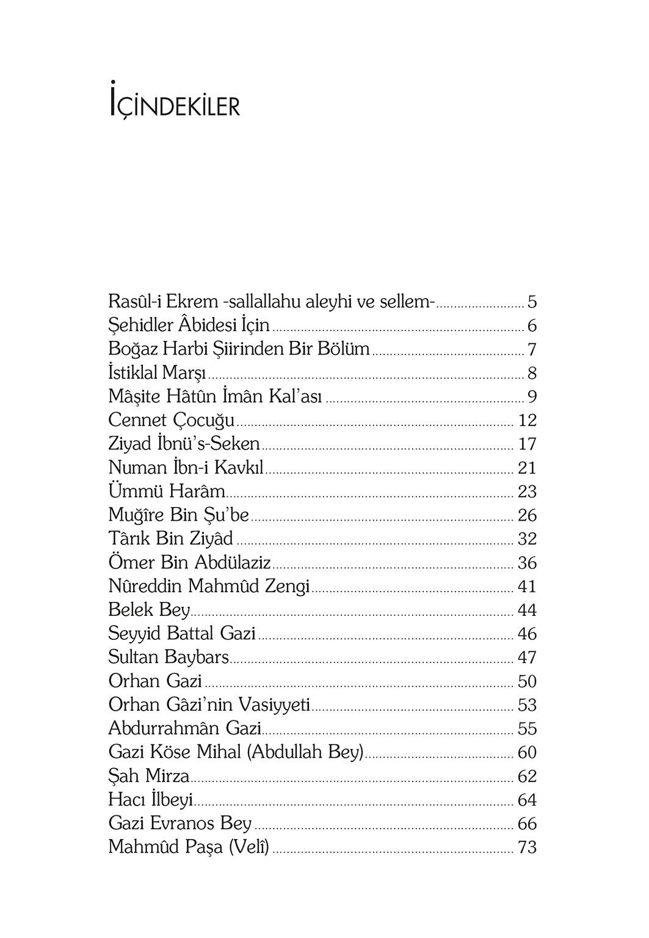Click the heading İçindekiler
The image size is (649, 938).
(174, 103)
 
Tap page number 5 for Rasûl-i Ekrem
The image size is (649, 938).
(532, 302)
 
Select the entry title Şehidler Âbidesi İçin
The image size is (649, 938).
(189, 326)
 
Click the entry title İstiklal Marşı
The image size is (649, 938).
(157, 373)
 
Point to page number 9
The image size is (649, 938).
(532, 397)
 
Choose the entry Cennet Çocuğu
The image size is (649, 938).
(172, 420)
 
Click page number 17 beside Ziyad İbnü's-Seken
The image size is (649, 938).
(527, 444)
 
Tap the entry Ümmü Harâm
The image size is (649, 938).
(167, 491)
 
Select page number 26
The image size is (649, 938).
(527, 516)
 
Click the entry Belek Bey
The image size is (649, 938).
(149, 610)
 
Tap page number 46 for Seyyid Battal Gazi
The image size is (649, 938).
(527, 634)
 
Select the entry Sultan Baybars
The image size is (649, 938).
(169, 658)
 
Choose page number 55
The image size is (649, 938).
(527, 729)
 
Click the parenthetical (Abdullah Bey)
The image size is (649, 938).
(305, 752)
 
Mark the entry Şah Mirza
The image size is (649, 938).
(148, 776)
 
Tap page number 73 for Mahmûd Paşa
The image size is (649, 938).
(527, 848)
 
